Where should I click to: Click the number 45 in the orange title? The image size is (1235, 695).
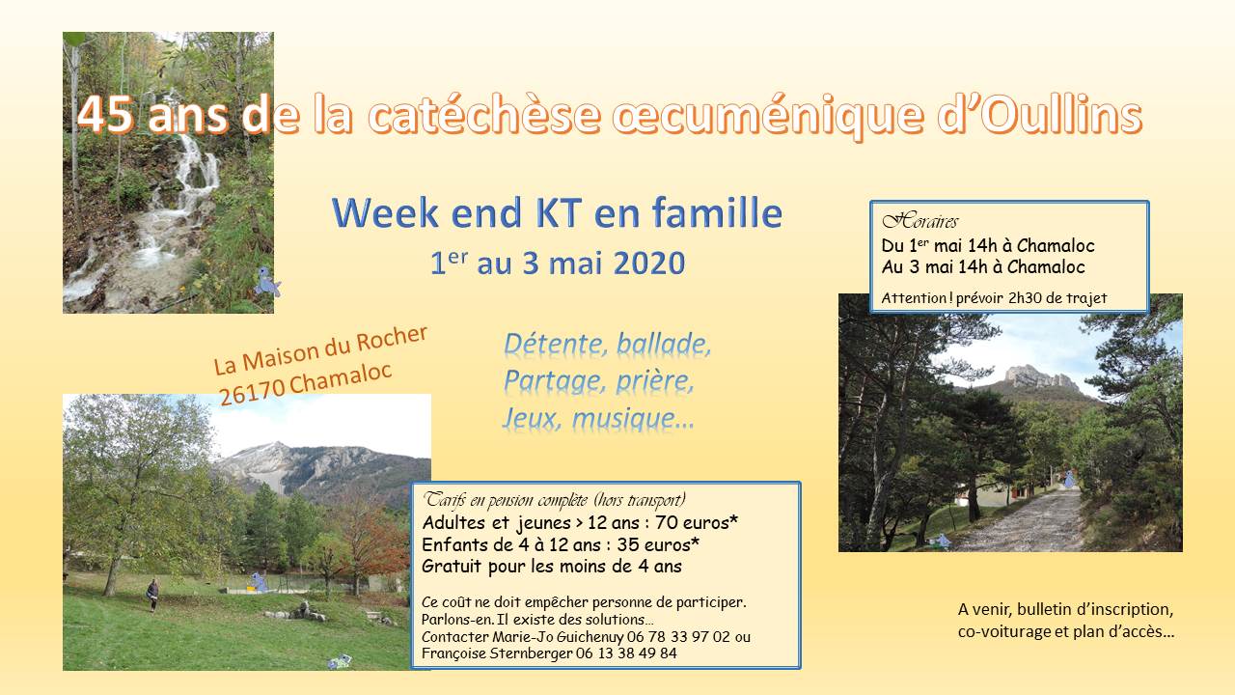click(105, 114)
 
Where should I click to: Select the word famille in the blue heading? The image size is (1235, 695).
click(717, 212)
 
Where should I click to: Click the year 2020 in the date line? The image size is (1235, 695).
click(649, 264)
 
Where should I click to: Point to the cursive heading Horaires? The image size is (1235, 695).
click(919, 222)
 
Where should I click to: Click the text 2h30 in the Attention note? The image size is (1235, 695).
click(1025, 298)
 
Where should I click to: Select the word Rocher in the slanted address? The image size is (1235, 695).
click(392, 338)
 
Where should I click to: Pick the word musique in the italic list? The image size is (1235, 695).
click(632, 419)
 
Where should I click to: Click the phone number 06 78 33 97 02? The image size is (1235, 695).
click(678, 637)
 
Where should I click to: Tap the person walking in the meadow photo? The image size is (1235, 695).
click(152, 596)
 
